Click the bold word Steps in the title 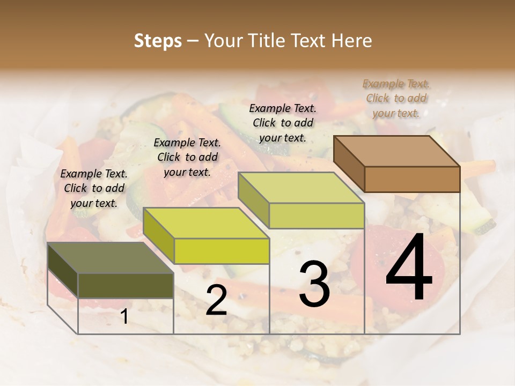158,41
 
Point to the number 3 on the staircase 314,284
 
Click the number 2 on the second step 216,301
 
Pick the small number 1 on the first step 124,317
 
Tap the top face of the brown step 397,151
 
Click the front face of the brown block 412,179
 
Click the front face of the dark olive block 126,286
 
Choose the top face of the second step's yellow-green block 206,223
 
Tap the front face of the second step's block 222,251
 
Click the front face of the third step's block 317,216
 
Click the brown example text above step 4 396,98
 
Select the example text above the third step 283,123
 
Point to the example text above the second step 187,157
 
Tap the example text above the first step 94,188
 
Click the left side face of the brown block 349,164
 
